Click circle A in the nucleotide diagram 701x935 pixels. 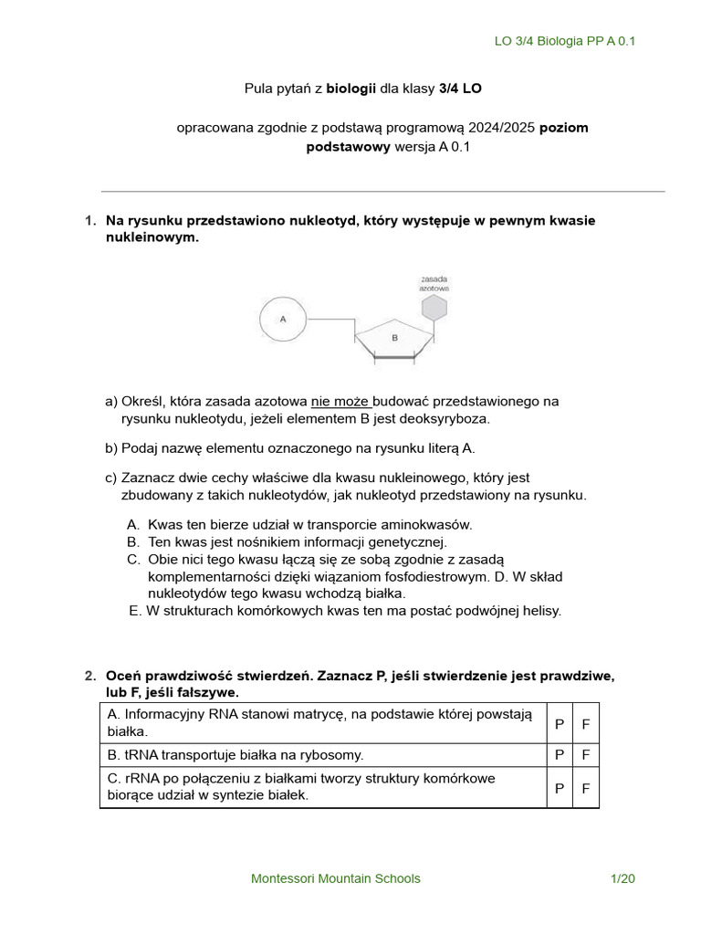tap(283, 320)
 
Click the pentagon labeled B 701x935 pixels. tap(394, 339)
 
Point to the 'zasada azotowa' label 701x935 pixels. tap(434, 282)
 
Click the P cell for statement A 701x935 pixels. tap(559, 723)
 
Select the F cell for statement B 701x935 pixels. tap(586, 755)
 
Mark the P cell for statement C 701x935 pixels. tap(559, 787)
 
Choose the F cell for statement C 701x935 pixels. tap(586, 787)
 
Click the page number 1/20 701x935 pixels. tap(623, 878)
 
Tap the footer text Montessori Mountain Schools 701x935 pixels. tap(336, 878)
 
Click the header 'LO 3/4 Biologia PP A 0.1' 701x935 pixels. tap(564, 42)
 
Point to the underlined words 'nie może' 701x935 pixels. tap(340, 401)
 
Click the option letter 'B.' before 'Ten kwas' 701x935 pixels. tap(133, 541)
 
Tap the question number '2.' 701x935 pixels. tap(89, 676)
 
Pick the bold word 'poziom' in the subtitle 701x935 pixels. tap(563, 127)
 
